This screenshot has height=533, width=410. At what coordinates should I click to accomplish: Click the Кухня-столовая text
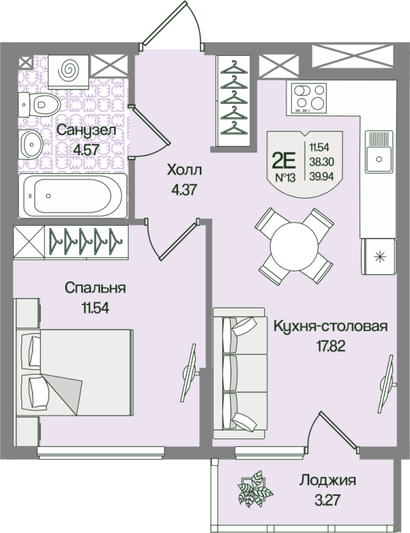(x=331, y=326)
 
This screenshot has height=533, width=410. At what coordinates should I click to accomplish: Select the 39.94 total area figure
(x=321, y=176)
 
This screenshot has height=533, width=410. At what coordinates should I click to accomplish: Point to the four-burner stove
(x=309, y=97)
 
